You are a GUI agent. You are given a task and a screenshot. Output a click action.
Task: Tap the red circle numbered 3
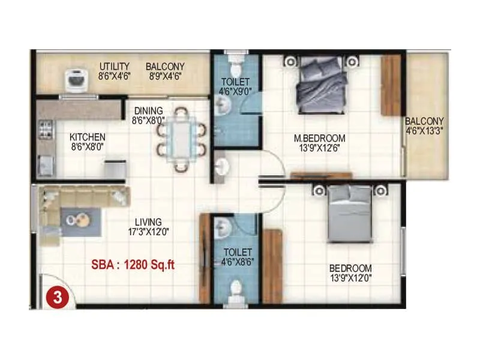pos(58,297)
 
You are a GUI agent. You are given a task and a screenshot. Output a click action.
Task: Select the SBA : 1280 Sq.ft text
pos(133,264)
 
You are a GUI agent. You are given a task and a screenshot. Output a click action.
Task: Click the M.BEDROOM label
pos(319,138)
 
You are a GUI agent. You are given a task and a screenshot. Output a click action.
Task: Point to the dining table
pos(181,138)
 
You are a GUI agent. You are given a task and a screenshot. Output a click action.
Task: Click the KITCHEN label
pos(88,137)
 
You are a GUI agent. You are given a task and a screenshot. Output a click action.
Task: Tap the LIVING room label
pos(148,222)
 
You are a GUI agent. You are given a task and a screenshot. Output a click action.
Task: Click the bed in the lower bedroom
pos(350,211)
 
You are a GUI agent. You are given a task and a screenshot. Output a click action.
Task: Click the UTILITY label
pos(115,67)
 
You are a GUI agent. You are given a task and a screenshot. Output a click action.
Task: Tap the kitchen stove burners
pos(45,130)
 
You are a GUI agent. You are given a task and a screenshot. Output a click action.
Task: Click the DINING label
pos(148,110)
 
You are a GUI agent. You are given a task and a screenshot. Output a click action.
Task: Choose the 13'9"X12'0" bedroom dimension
pos(350,277)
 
